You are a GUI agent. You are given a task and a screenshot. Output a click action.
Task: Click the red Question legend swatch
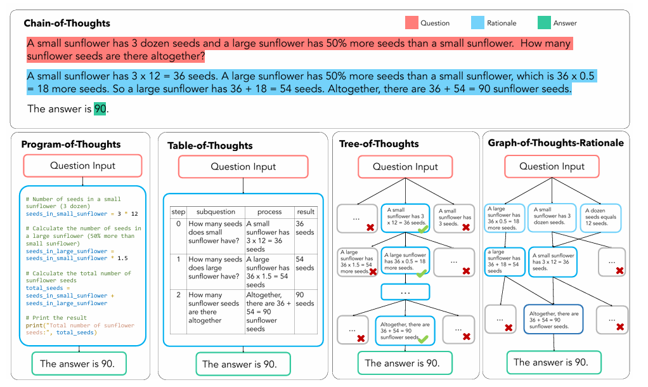(412, 23)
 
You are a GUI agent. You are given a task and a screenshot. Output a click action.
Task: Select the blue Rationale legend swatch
(478, 23)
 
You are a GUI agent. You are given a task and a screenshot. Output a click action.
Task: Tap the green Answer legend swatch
(544, 23)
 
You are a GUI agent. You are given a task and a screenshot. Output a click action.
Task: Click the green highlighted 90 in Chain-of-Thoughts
(100, 108)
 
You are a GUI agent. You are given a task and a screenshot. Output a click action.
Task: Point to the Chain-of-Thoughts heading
(67, 23)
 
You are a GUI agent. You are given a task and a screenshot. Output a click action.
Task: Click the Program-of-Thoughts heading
(71, 144)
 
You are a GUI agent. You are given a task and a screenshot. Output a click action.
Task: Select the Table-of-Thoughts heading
(210, 145)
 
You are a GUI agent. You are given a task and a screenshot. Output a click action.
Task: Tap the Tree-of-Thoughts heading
(379, 143)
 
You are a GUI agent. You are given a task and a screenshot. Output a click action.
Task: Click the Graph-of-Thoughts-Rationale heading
(555, 143)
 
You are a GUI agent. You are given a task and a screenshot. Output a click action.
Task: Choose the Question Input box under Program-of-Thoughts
(82, 166)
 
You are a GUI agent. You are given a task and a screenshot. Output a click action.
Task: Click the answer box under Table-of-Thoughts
(243, 364)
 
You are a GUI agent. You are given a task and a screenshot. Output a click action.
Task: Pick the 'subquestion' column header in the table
(216, 212)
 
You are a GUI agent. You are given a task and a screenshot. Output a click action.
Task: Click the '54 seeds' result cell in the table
(305, 263)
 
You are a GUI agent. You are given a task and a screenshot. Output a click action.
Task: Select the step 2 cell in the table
(178, 295)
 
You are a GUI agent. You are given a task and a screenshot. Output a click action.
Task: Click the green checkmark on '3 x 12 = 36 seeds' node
(422, 227)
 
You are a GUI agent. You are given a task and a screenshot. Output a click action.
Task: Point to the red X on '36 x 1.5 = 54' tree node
(373, 271)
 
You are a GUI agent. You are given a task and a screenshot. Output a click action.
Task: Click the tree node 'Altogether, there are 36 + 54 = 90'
(405, 331)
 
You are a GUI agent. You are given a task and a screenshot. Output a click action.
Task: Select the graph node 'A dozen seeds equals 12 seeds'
(601, 217)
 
